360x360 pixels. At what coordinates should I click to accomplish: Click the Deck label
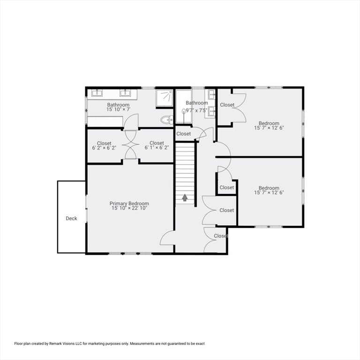coord(71,218)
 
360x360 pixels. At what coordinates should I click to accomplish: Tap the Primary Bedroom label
coord(129,203)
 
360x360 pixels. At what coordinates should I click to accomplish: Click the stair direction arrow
coord(185,198)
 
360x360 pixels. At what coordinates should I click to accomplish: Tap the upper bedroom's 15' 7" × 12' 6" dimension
coord(269,127)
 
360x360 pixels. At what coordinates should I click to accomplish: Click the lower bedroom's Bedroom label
coord(269,188)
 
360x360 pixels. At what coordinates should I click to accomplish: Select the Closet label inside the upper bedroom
coord(227,105)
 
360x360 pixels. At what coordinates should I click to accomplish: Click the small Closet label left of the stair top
coord(184,134)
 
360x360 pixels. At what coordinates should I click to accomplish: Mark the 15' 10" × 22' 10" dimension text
coord(129,208)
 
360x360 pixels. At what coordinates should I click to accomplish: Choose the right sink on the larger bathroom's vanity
coord(126,92)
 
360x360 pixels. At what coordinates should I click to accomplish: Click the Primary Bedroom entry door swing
coord(168,238)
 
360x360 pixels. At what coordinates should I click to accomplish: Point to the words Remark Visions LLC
coord(64,344)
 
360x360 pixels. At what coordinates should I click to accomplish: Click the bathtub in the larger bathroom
coord(105,121)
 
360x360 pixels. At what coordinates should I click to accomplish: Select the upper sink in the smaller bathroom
coord(211,94)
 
